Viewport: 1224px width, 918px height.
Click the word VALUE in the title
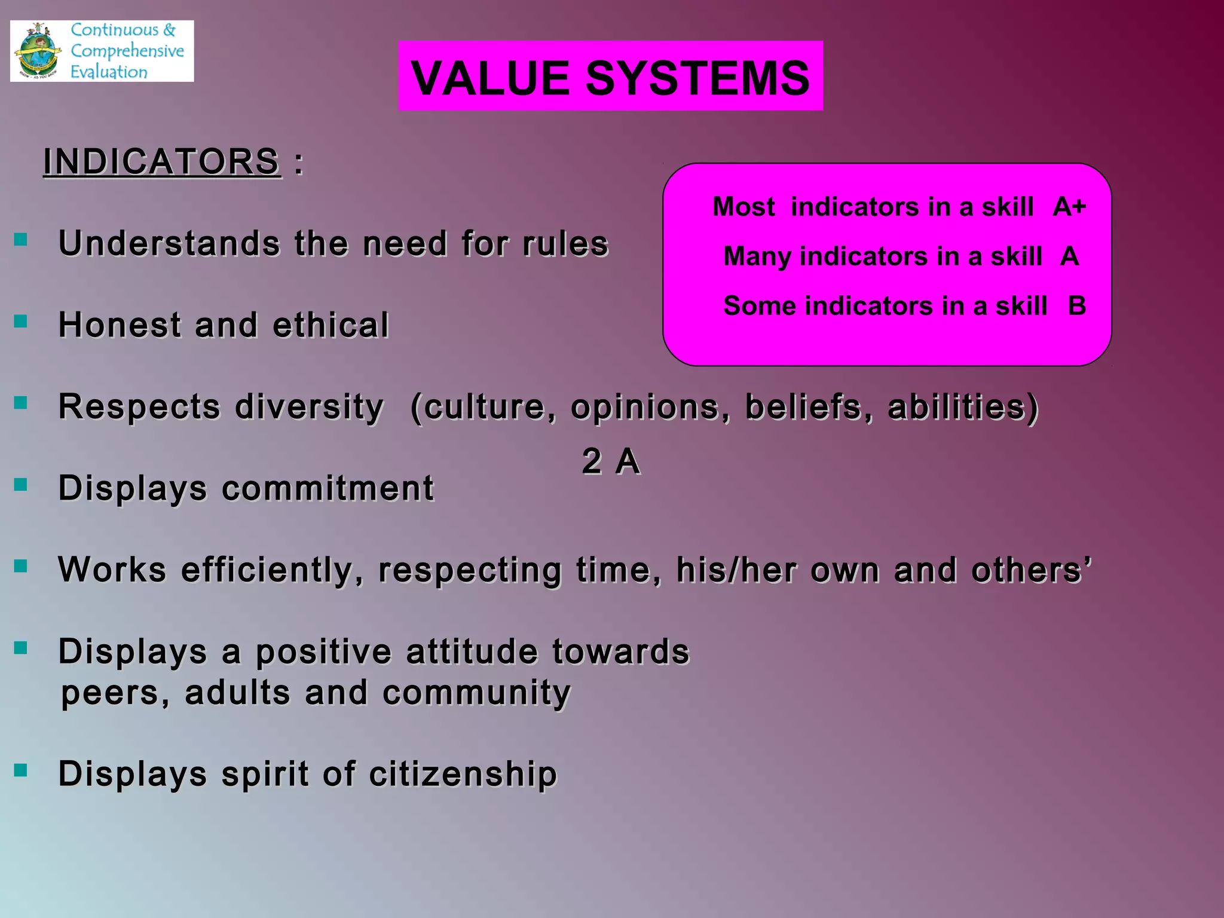coord(490,78)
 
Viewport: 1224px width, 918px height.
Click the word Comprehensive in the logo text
coord(127,51)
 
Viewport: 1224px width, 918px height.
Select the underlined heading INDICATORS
coord(161,161)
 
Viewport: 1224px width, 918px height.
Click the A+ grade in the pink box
coord(1069,207)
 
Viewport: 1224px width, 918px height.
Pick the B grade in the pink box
coord(1076,306)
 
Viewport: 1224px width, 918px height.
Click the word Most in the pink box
coord(743,207)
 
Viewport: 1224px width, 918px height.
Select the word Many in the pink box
coord(757,256)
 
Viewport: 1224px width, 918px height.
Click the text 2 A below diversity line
coord(611,461)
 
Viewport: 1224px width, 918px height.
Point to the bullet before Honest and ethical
coord(21,322)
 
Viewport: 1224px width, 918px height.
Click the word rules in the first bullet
coord(565,244)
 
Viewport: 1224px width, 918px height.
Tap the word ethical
coord(331,325)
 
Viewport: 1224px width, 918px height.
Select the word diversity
coord(309,407)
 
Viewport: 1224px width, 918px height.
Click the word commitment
coord(328,488)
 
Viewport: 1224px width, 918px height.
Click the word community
coord(476,693)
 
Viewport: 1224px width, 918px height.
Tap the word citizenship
coord(463,774)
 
